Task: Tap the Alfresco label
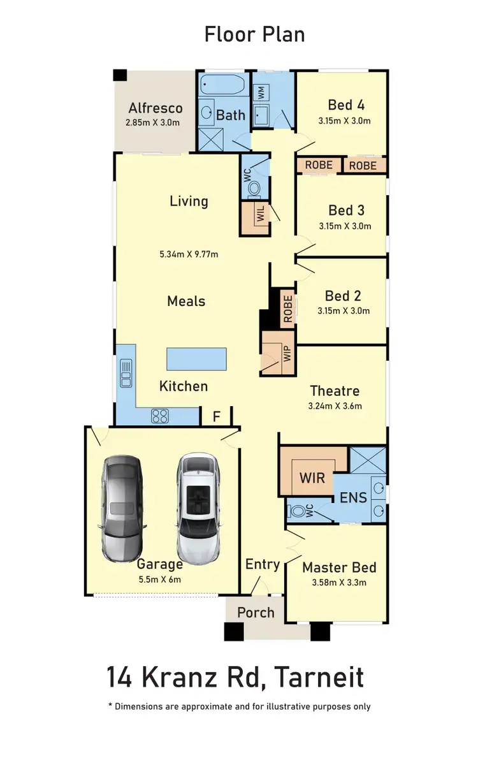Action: point(156,108)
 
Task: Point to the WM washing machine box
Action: point(261,92)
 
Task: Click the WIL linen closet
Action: point(260,215)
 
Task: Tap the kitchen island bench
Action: point(196,359)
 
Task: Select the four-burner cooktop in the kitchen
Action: point(159,416)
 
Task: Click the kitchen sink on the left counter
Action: point(126,374)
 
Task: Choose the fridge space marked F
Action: point(216,417)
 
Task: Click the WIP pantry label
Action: point(286,354)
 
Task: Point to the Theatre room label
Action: point(335,391)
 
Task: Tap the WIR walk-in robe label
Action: point(312,477)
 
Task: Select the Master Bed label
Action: point(339,567)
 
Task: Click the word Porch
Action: point(256,613)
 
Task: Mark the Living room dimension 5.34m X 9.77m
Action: point(189,254)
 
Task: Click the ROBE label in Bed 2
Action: point(287,307)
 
